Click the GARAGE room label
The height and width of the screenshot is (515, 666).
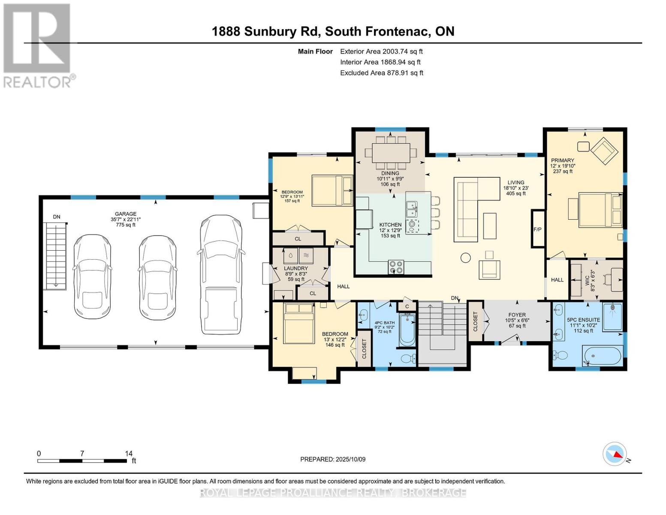point(125,214)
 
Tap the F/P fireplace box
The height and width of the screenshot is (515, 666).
point(537,229)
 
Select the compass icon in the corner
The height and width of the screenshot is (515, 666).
point(615,454)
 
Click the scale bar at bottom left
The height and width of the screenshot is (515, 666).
point(82,460)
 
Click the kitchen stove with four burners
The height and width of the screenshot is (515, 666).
point(396,267)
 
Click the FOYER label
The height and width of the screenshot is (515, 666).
point(517,315)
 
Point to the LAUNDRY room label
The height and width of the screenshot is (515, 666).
point(296,268)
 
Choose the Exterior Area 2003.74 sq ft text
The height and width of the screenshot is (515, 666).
point(381,51)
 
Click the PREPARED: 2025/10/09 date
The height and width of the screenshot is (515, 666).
point(333,459)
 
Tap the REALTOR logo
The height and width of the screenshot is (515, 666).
point(38,45)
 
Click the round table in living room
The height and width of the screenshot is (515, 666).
point(466,257)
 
